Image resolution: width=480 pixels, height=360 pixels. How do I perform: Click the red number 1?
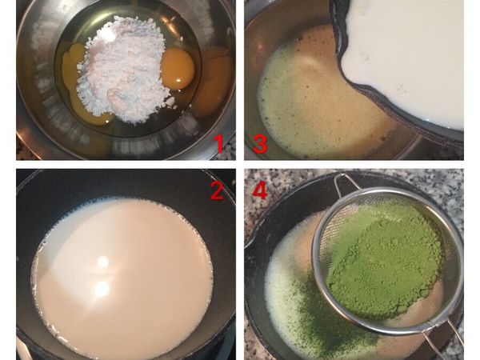[x=218, y=144]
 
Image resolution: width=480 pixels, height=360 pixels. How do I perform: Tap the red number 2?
[x=216, y=191]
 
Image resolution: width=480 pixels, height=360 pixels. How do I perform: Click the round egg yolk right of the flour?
[x=178, y=68]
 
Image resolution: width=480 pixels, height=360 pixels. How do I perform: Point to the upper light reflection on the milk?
[x=102, y=262]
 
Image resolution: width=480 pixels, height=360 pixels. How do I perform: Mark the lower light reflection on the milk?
[x=102, y=290]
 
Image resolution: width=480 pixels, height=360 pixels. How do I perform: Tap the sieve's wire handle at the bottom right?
[x=448, y=336]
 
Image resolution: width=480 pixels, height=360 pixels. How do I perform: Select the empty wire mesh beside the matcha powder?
[x=336, y=232]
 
